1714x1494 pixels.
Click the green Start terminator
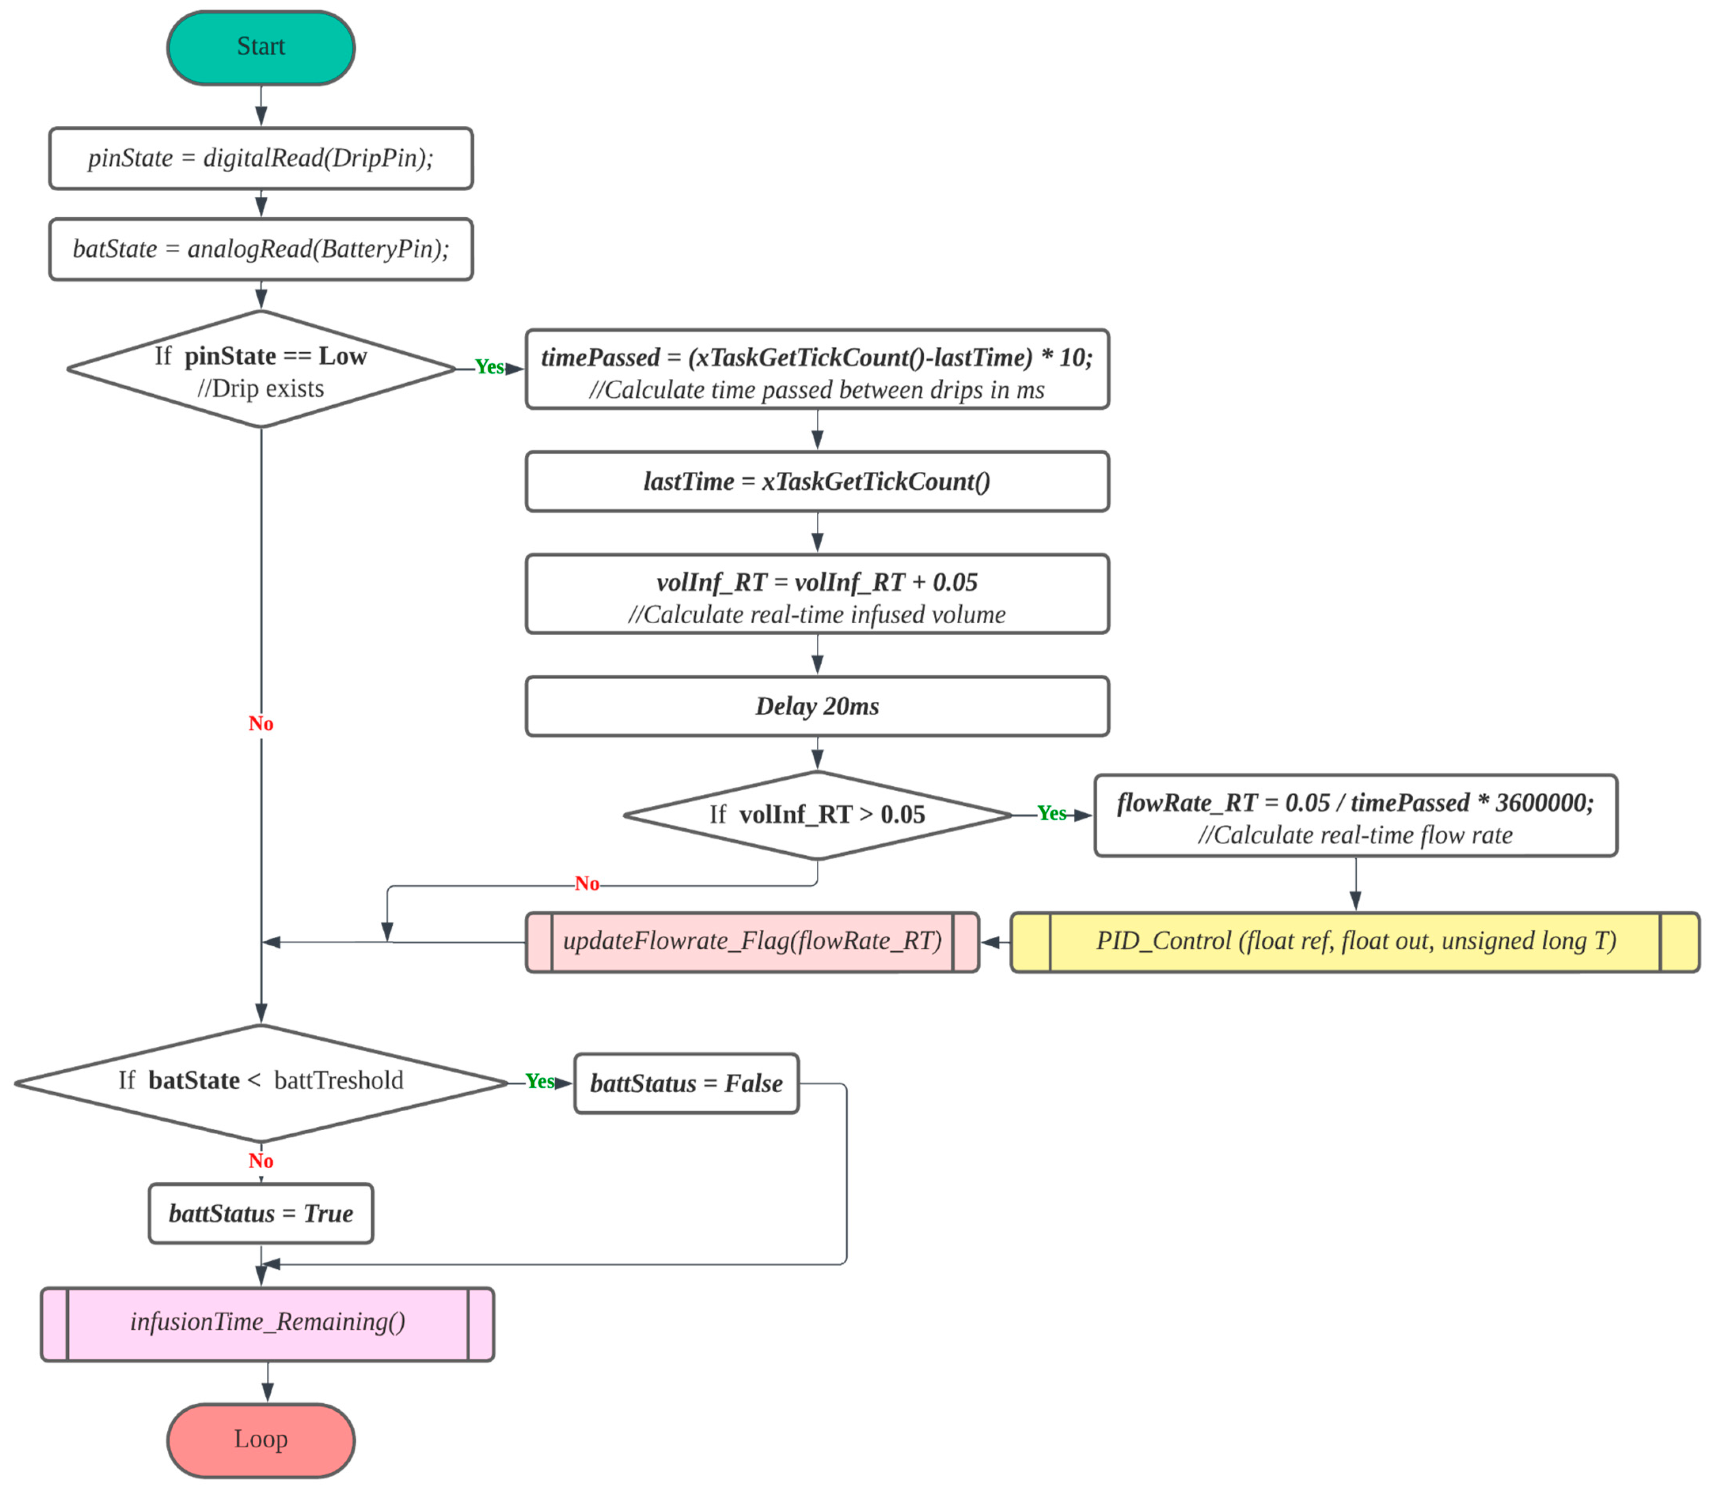click(x=261, y=47)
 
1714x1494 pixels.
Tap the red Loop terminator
click(x=261, y=1440)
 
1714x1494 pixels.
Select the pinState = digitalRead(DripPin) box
click(x=261, y=158)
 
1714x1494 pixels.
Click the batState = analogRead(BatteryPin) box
click(x=261, y=249)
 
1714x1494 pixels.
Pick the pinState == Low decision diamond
click(x=261, y=369)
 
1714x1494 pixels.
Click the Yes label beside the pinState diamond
click(x=490, y=367)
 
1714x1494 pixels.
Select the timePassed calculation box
click(x=817, y=369)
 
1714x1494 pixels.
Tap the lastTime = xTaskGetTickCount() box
click(x=817, y=482)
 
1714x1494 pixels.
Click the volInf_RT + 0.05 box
click(x=817, y=594)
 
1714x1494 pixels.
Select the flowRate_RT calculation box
click(x=1355, y=815)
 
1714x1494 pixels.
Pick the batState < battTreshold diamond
click(x=261, y=1082)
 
